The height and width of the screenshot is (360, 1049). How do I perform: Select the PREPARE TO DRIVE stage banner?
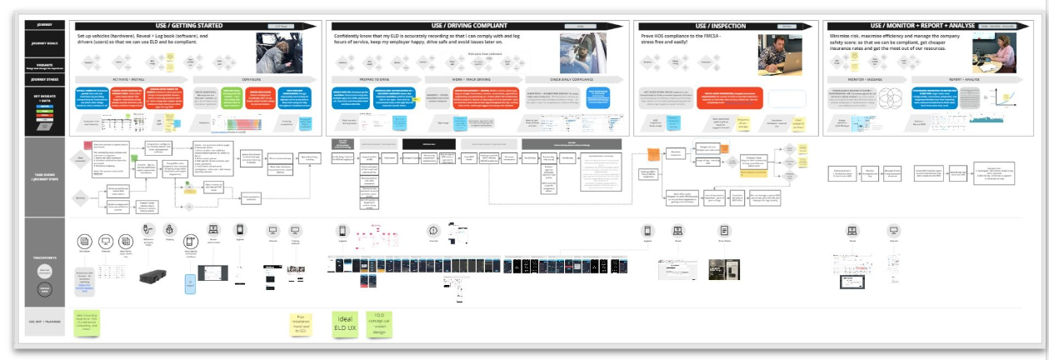[x=374, y=79]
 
